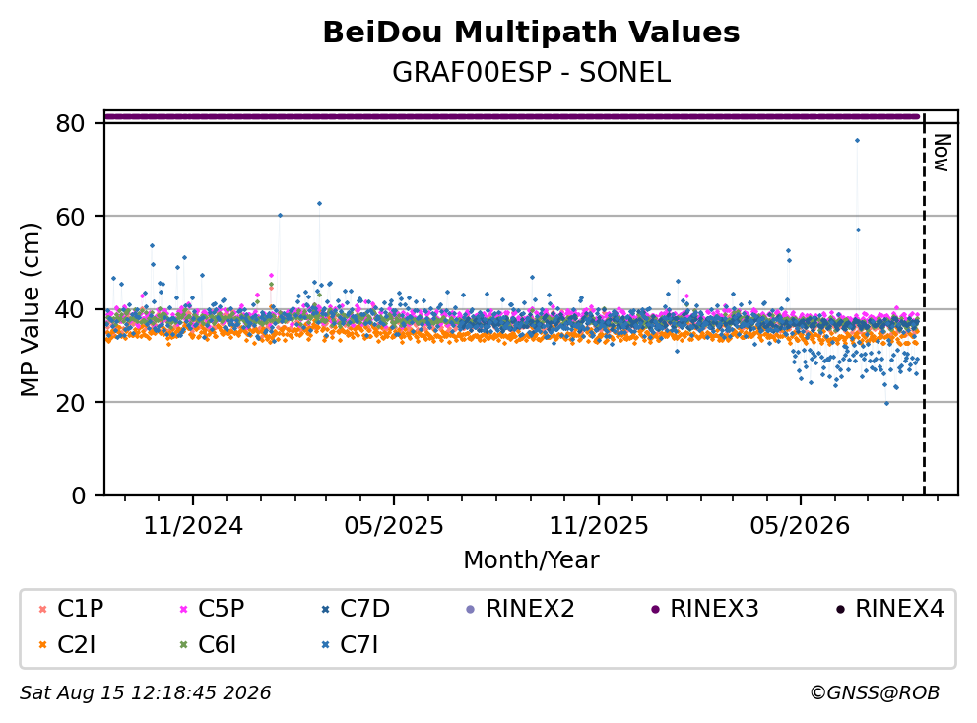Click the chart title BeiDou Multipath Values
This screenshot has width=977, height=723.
pos(531,33)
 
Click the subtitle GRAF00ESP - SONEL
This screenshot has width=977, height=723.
pos(531,73)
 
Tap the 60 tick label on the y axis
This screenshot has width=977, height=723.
pos(70,217)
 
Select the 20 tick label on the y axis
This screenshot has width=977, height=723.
pos(70,403)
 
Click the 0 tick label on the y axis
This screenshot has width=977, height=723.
pos(79,496)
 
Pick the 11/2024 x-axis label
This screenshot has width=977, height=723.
pos(193,526)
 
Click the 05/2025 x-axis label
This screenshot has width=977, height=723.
pos(394,526)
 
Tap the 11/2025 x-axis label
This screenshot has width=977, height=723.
pos(598,526)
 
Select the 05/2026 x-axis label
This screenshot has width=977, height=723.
pos(800,526)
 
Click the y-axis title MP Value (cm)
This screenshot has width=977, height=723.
pos(30,309)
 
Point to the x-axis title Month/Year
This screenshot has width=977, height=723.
pos(531,560)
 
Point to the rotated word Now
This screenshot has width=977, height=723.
pos(943,153)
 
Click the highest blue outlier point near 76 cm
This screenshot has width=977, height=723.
pos(858,141)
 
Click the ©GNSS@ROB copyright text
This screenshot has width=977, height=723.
pos(875,693)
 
